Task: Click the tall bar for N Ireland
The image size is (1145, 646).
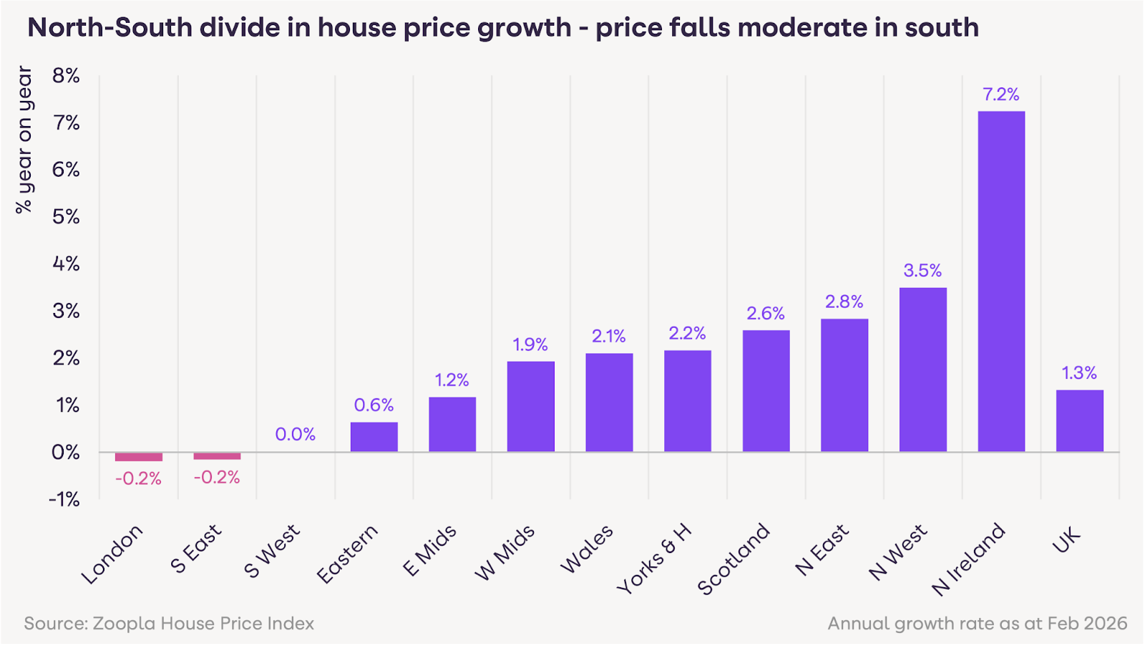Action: (x=1001, y=281)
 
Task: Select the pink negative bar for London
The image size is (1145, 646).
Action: (x=139, y=457)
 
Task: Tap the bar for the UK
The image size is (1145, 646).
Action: (x=1079, y=420)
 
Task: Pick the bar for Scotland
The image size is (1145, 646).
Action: (x=766, y=390)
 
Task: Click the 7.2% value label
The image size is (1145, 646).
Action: (x=1000, y=95)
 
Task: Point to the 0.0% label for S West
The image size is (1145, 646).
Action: (x=295, y=434)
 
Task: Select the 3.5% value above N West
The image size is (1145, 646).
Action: (x=922, y=271)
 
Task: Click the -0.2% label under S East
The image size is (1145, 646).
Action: (x=217, y=477)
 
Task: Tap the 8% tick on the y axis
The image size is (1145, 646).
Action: (x=66, y=76)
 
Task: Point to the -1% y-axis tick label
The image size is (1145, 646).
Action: (x=64, y=499)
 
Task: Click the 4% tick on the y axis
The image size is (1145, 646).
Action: (x=66, y=264)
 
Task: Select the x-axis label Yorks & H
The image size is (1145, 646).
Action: (x=654, y=559)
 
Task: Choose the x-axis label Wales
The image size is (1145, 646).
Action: (x=587, y=549)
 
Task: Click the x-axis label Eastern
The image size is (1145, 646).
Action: (x=347, y=554)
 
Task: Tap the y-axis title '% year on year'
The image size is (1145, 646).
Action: (x=24, y=140)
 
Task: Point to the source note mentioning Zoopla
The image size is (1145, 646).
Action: (x=169, y=623)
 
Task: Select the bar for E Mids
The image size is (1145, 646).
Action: (x=452, y=424)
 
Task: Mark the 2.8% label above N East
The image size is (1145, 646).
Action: (x=844, y=302)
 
